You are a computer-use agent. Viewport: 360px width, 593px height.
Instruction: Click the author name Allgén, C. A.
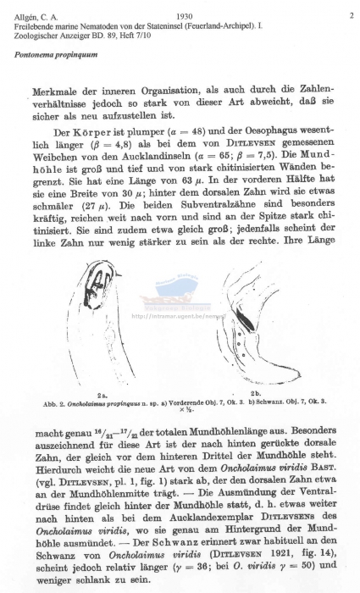(29, 15)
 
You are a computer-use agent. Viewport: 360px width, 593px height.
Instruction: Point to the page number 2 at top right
(350, 15)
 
